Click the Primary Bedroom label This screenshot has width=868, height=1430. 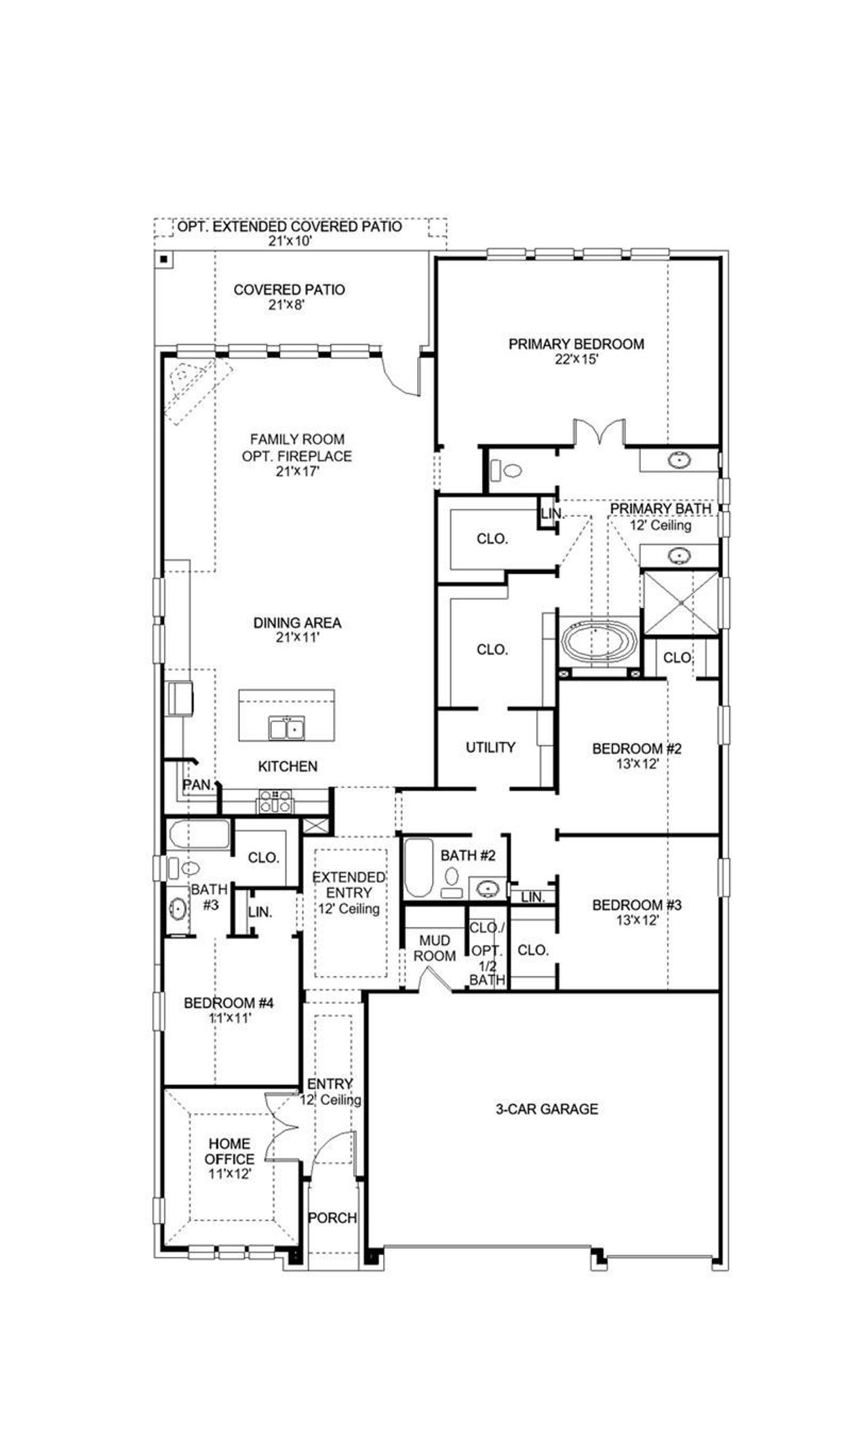[x=576, y=344]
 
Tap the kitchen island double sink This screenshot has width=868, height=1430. [x=286, y=729]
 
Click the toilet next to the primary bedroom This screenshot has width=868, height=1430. [x=506, y=469]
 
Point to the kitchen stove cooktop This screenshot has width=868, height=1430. [x=275, y=802]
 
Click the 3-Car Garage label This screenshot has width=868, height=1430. [x=546, y=1109]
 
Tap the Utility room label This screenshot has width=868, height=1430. [x=490, y=747]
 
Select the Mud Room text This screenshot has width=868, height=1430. [x=435, y=948]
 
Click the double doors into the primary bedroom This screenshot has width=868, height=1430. [x=598, y=433]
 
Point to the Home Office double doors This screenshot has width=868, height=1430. [x=281, y=1127]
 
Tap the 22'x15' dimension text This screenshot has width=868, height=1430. [x=576, y=360]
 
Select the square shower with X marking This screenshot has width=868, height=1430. [x=679, y=602]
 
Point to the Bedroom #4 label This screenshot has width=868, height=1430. [x=229, y=1003]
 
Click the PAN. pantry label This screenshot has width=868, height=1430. [x=198, y=785]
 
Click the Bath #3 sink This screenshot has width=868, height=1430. [x=178, y=909]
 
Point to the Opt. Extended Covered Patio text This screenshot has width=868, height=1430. [x=290, y=227]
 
